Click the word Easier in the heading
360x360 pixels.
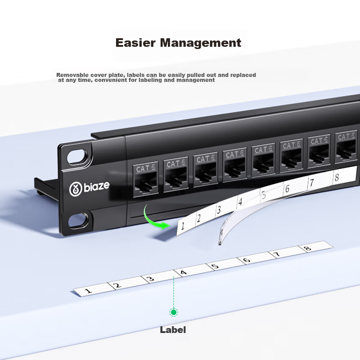pyautogui.click(x=136, y=43)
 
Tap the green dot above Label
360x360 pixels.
pyautogui.click(x=173, y=312)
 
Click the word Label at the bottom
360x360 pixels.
pyautogui.click(x=173, y=330)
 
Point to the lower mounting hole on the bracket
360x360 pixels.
pyautogui.click(x=79, y=220)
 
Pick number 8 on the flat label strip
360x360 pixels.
pyautogui.click(x=307, y=248)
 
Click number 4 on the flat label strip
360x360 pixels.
pyautogui.click(x=183, y=272)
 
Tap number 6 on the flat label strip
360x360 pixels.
pyautogui.click(x=246, y=261)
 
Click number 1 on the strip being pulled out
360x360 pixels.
pyautogui.click(x=183, y=227)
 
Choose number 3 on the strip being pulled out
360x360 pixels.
pyautogui.click(x=219, y=210)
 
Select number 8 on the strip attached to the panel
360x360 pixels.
pyautogui.click(x=336, y=177)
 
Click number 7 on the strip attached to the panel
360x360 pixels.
pyautogui.click(x=311, y=183)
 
